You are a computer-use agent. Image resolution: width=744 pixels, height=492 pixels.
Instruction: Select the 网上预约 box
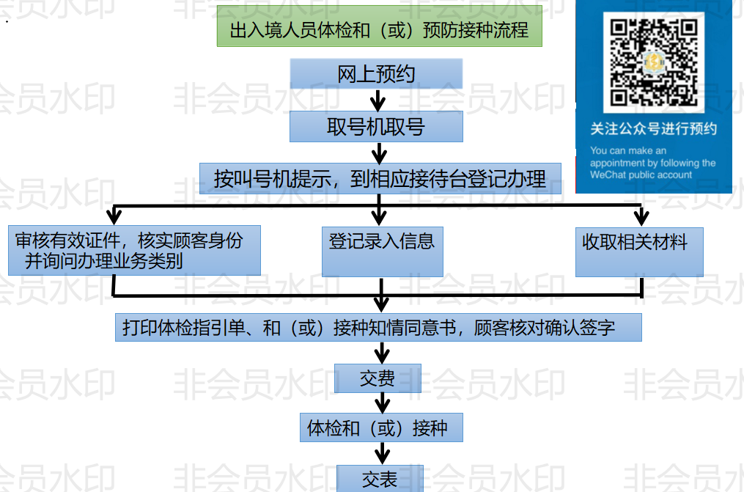(376, 73)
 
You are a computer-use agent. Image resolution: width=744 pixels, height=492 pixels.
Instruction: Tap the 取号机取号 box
(376, 126)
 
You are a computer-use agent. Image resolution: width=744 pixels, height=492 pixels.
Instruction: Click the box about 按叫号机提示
(380, 178)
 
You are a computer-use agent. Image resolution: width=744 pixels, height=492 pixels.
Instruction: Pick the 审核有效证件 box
(134, 250)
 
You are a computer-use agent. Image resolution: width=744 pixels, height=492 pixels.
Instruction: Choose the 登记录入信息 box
(382, 250)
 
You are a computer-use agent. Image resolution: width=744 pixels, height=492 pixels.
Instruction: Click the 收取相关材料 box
(639, 250)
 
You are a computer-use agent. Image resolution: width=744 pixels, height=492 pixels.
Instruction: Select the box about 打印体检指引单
(378, 328)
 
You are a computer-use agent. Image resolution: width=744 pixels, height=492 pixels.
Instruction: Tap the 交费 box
(377, 378)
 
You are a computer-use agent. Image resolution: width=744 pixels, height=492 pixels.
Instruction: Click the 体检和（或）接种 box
(381, 427)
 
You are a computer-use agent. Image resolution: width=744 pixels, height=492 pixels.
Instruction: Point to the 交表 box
(380, 479)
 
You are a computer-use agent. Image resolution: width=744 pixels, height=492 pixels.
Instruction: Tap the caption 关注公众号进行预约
(653, 129)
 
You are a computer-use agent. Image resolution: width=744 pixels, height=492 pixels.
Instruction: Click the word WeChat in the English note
(606, 175)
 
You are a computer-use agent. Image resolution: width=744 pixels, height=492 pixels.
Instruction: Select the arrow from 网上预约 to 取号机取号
(377, 99)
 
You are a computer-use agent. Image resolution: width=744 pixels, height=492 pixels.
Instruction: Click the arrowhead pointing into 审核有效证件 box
(113, 217)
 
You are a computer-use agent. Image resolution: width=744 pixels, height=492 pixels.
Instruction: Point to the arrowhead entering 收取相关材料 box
(641, 217)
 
